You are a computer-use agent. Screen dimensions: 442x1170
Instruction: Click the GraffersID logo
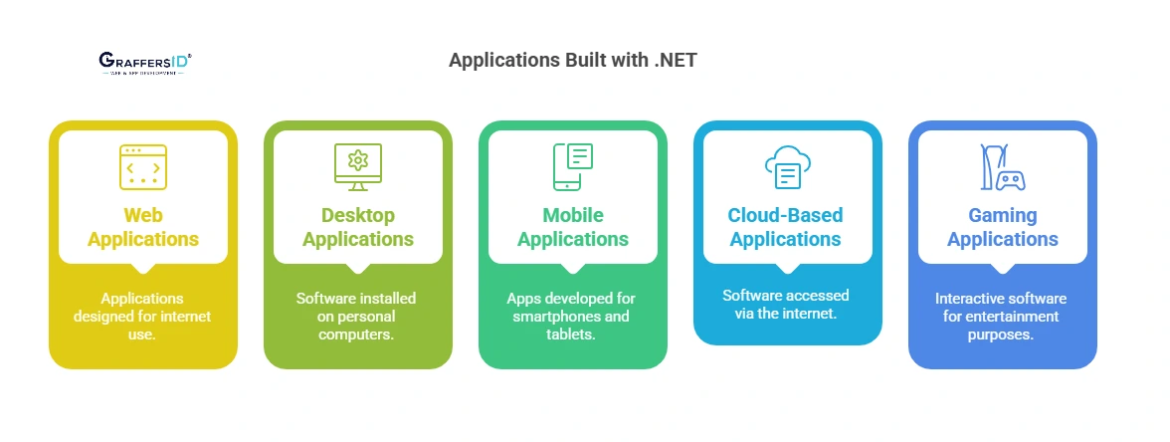pos(145,64)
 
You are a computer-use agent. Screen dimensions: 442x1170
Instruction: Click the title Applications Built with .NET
pos(572,60)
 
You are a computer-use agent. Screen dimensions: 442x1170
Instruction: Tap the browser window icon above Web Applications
pos(143,167)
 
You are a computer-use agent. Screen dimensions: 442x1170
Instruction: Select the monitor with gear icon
pos(358,167)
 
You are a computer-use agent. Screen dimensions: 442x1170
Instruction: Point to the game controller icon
pos(1003,167)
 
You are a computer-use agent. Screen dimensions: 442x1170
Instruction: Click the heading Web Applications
pos(143,227)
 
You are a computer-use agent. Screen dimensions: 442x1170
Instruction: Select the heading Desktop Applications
pos(358,227)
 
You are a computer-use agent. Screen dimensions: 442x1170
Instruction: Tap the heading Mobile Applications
pos(573,227)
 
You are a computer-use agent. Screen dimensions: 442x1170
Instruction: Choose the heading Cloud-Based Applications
pos(786,227)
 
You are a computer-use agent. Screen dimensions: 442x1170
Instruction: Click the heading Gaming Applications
pos(1003,227)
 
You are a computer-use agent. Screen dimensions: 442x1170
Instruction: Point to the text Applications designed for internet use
pos(143,317)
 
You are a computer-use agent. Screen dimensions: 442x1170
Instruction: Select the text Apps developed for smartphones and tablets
pos(571,317)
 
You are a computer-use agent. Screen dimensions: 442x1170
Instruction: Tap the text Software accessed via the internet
pos(786,305)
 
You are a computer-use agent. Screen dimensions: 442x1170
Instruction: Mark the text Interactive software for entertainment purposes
pos(1001,317)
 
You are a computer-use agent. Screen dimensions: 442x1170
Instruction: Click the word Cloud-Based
pos(786,215)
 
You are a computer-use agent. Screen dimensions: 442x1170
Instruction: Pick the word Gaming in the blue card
pos(1003,215)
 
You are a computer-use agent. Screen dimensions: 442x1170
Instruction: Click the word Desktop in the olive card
pos(358,215)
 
